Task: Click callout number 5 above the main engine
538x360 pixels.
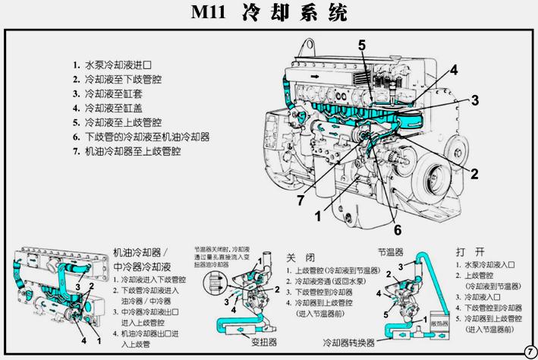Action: click(363, 45)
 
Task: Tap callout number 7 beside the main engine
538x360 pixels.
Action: click(301, 201)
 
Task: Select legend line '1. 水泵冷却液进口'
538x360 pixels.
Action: click(114, 65)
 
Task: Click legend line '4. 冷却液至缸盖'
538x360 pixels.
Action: click(111, 108)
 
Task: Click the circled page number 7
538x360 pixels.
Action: click(529, 351)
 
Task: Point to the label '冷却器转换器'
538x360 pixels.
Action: click(348, 343)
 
